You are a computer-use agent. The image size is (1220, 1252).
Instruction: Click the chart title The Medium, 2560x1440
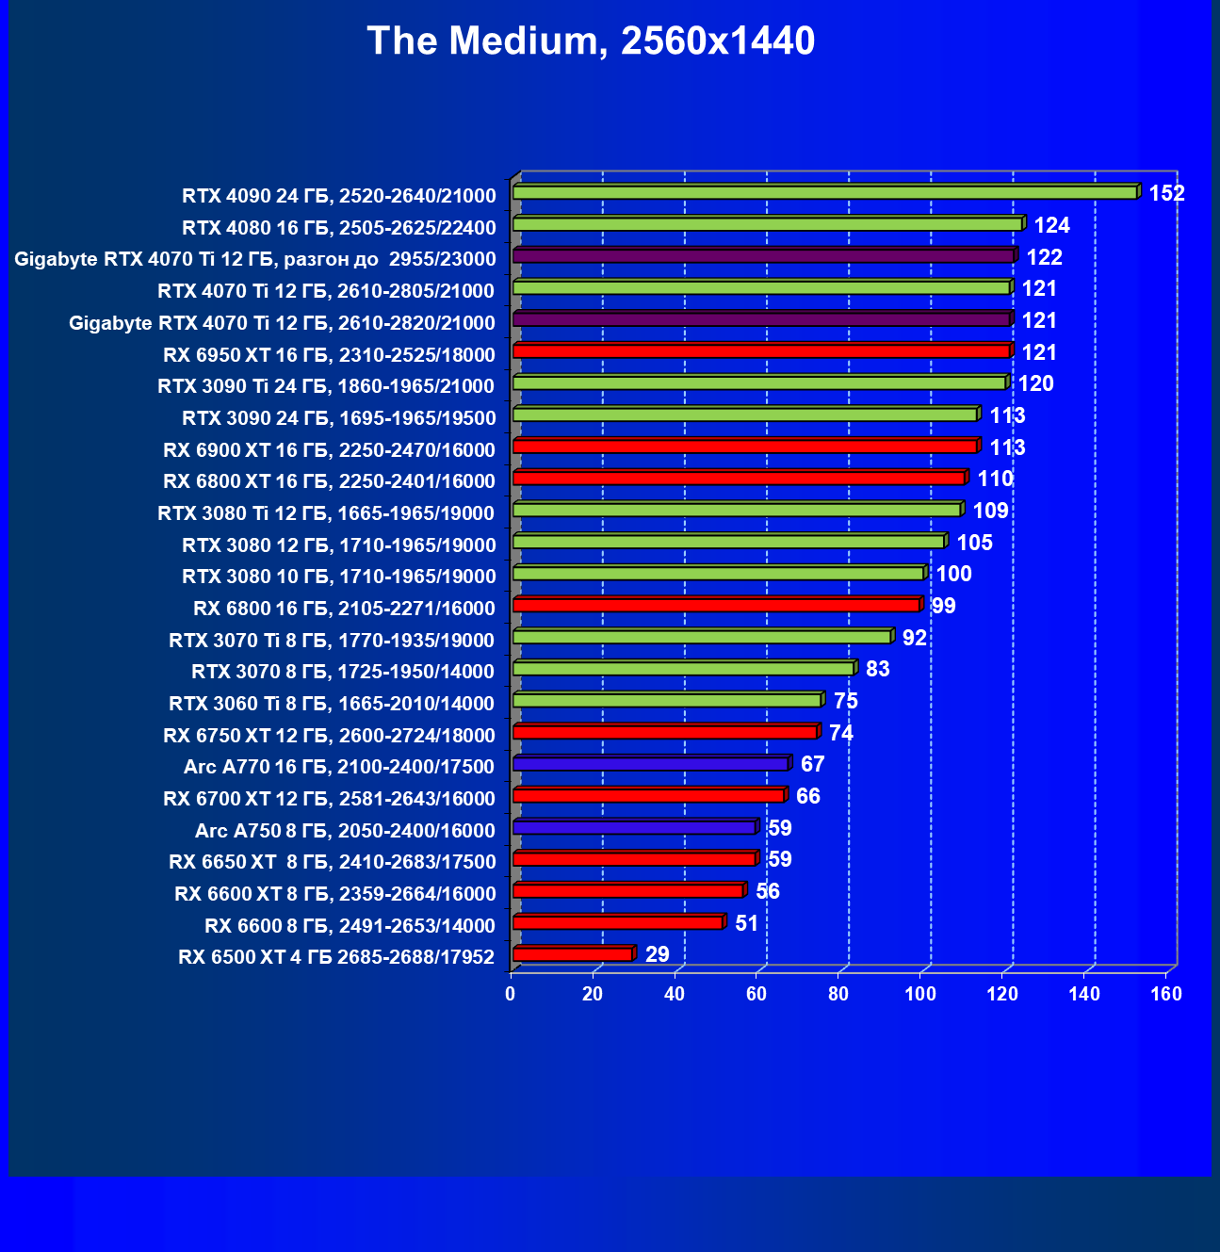tap(591, 41)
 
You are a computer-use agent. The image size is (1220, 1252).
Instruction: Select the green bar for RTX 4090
tap(824, 192)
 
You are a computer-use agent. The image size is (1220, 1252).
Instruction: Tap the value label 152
tap(1166, 193)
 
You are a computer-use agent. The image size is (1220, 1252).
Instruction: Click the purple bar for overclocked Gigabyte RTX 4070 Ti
tap(763, 255)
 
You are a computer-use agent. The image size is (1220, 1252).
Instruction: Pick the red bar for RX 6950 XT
tap(761, 351)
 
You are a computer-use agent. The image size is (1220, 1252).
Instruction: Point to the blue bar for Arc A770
tap(650, 763)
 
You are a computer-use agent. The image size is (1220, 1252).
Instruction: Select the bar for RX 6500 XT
tap(573, 954)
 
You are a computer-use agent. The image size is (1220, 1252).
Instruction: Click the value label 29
tap(658, 954)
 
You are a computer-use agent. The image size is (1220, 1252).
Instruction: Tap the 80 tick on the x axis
tap(838, 994)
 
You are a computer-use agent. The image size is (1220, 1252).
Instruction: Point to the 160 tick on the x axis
tap(1166, 994)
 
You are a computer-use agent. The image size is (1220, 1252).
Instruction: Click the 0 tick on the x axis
tap(511, 994)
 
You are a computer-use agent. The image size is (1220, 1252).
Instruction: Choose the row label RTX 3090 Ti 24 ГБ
tap(326, 386)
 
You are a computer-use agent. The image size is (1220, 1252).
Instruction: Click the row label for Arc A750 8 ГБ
tap(345, 831)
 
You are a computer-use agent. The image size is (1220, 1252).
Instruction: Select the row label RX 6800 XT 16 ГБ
tap(329, 481)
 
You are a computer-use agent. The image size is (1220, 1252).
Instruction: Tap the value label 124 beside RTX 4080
tap(1052, 225)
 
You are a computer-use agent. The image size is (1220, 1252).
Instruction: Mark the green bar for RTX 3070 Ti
tap(702, 637)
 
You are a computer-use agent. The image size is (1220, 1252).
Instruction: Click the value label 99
tap(943, 606)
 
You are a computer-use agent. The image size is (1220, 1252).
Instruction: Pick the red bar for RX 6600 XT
tap(628, 890)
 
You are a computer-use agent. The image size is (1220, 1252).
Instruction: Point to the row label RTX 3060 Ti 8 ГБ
tap(332, 704)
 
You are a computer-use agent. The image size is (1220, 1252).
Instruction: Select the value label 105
tap(975, 543)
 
